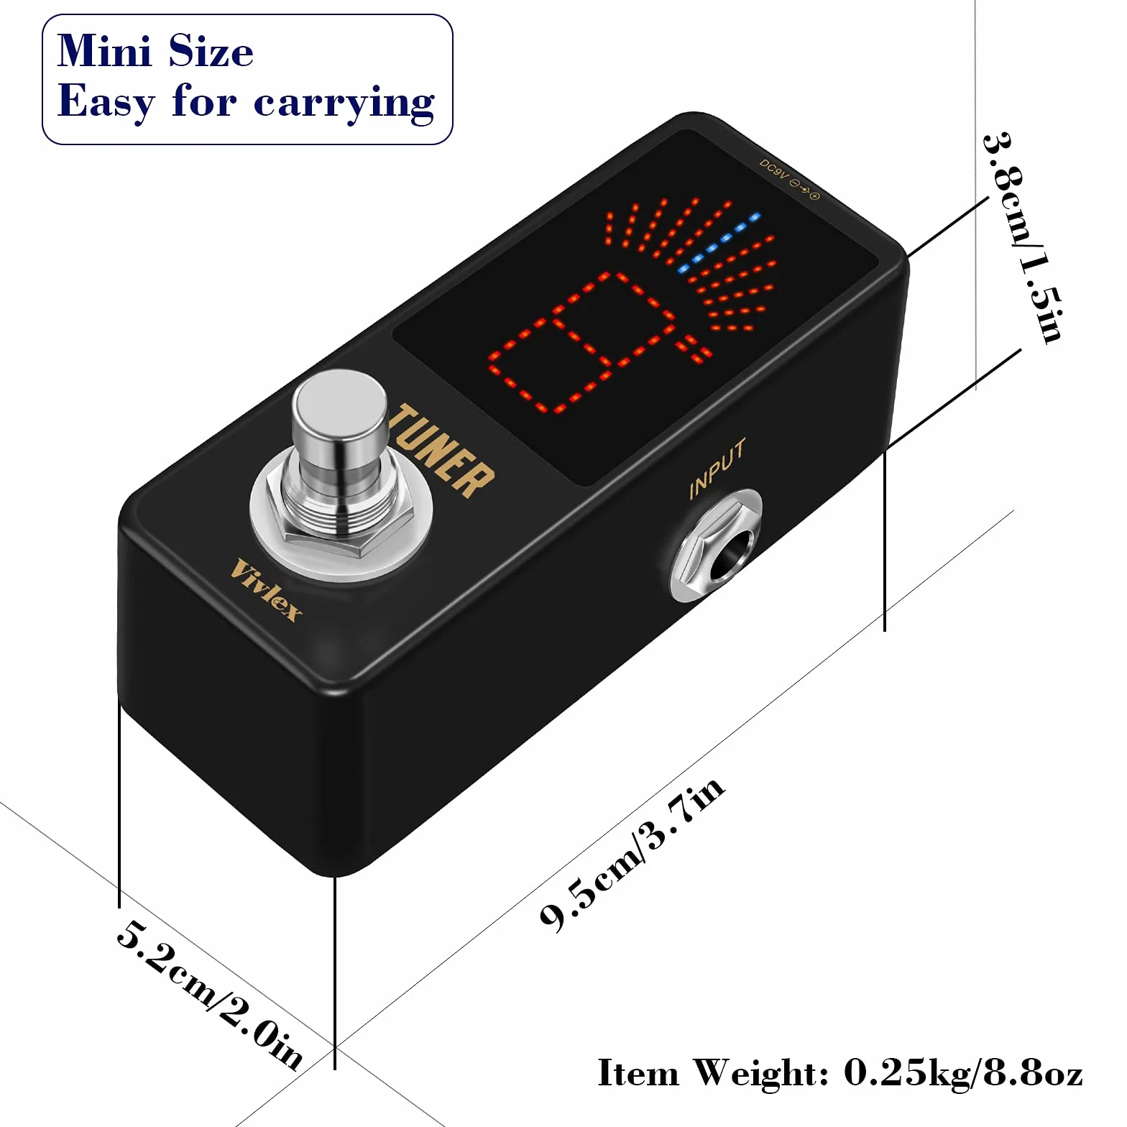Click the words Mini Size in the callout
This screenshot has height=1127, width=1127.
(x=155, y=52)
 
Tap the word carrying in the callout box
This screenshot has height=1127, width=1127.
(x=344, y=103)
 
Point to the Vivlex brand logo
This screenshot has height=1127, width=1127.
(x=266, y=589)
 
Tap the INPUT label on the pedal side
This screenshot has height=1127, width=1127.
(x=717, y=468)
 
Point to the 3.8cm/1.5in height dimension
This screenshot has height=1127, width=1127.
(x=1022, y=237)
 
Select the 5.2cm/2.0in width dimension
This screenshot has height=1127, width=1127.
(x=210, y=994)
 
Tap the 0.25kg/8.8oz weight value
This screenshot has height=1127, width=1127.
(x=963, y=1073)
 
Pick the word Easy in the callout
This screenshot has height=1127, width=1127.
(x=106, y=101)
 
